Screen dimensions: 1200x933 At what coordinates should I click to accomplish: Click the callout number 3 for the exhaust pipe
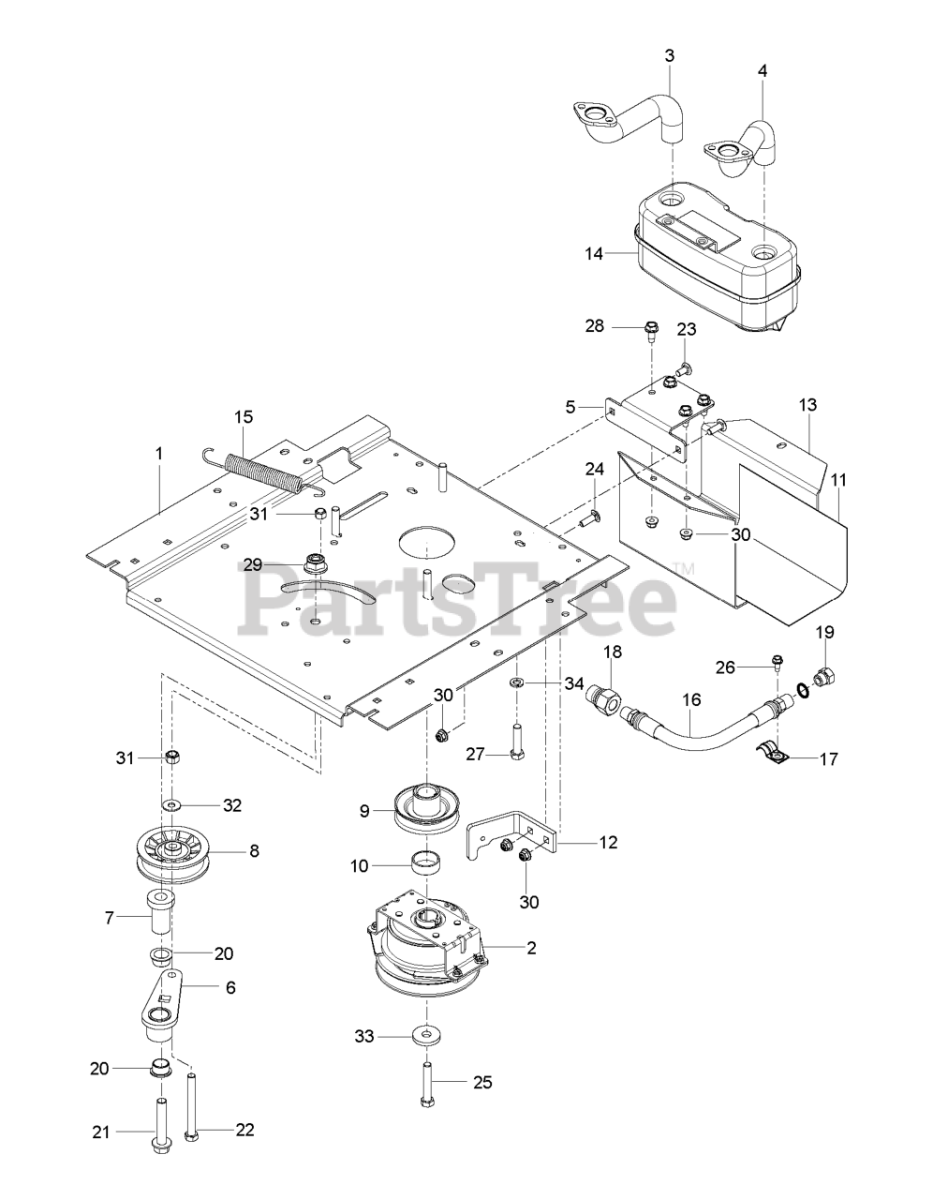(669, 55)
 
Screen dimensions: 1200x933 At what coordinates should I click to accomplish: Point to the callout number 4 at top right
(762, 69)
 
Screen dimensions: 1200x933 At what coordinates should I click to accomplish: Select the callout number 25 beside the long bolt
(481, 1083)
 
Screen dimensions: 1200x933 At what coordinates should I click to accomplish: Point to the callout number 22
(244, 1130)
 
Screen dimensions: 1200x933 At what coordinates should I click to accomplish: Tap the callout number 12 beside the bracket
(608, 842)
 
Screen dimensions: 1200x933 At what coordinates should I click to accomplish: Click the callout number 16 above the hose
(691, 699)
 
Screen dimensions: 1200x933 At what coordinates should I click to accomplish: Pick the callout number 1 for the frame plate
(159, 453)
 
